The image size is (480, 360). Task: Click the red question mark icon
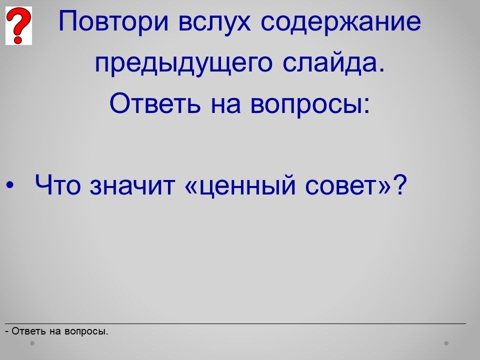coord(18,25)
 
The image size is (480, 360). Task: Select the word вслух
coord(214,21)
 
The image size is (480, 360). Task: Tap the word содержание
coord(341,21)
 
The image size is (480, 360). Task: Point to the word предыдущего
coord(183,63)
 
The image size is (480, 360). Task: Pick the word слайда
coord(333,63)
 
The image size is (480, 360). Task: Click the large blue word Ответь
coord(155,103)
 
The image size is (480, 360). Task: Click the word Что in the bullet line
coord(58,184)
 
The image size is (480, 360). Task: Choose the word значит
coord(132,185)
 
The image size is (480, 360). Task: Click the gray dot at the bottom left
coord(32,343)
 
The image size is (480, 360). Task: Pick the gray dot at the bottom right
coord(446,343)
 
